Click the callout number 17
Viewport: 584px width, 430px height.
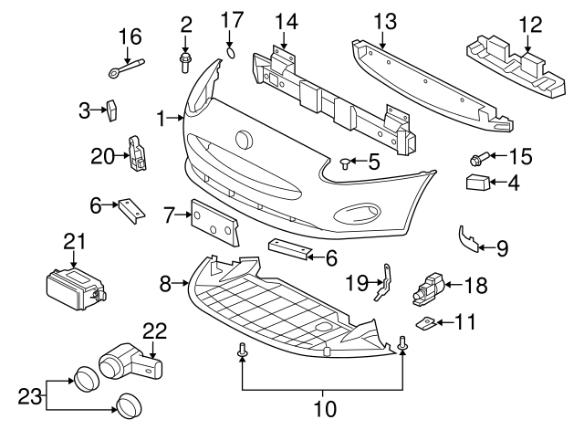click(233, 19)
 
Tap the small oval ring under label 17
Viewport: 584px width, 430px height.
click(231, 53)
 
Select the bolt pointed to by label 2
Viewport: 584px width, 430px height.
click(185, 63)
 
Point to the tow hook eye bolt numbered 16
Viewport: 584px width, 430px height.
click(126, 68)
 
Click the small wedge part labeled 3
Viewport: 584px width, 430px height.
click(111, 110)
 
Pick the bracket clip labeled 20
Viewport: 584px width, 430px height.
click(137, 152)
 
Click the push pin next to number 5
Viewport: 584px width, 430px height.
click(345, 163)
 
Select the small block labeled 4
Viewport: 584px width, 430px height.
click(478, 183)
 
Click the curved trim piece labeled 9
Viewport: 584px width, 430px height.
click(467, 238)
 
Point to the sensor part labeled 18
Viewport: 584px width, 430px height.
click(428, 289)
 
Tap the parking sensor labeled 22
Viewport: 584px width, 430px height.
click(130, 362)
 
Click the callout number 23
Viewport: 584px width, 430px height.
click(29, 396)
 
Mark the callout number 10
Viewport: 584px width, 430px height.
click(325, 409)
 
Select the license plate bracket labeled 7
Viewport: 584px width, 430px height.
click(214, 223)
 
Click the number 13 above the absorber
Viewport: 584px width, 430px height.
click(385, 22)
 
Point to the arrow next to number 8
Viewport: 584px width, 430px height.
click(181, 284)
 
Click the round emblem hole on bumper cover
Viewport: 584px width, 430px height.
click(245, 141)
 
